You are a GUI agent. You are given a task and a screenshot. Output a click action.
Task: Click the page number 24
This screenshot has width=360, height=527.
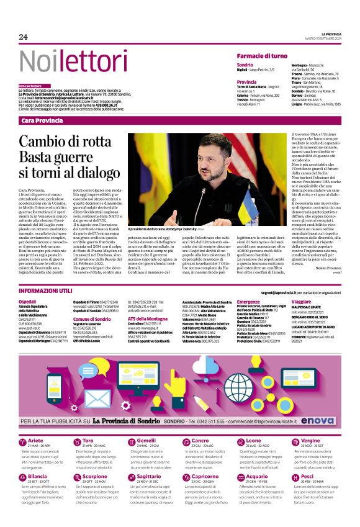coord(24,37)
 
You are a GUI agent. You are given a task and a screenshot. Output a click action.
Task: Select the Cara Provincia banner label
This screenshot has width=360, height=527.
coord(42,120)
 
